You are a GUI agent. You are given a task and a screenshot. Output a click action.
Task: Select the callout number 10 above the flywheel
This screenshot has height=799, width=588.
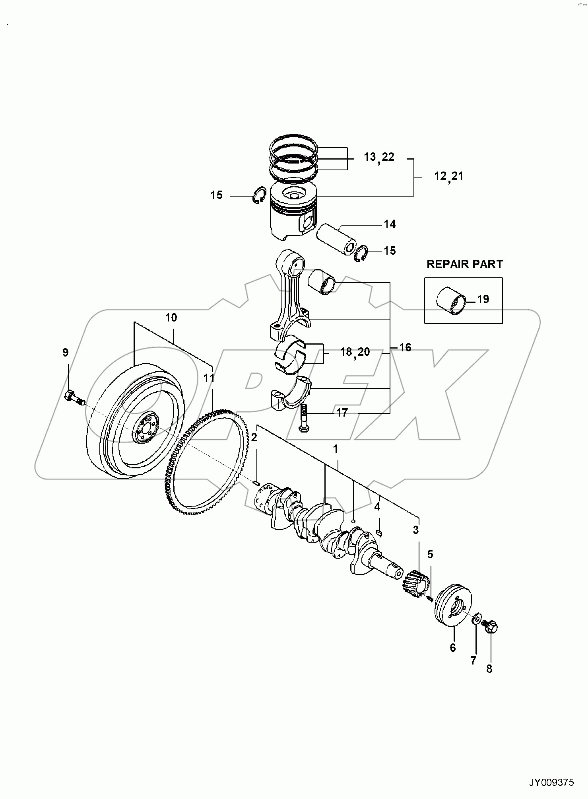point(171,318)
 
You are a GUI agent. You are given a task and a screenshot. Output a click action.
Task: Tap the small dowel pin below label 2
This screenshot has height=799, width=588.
point(257,483)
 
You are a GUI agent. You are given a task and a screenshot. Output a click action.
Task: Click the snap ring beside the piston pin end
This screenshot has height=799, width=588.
point(361,254)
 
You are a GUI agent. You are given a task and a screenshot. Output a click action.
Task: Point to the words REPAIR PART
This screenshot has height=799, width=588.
point(464,264)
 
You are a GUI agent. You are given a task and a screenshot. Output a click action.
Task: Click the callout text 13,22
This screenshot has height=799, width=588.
point(379,157)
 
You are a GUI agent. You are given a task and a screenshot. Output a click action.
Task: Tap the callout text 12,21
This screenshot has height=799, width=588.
point(448,176)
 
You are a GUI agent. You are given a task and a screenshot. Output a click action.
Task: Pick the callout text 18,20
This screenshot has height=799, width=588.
point(355,352)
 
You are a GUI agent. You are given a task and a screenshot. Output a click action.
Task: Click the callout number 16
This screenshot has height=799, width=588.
point(405,347)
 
